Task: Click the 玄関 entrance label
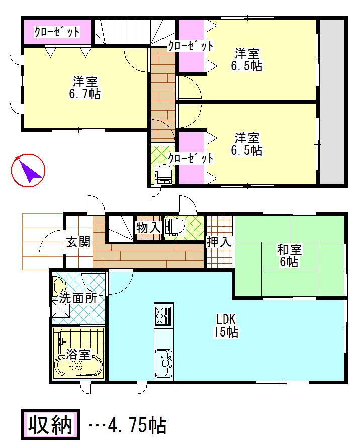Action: (78, 242)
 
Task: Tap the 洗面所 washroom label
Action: (77, 297)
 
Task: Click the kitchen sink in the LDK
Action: (164, 361)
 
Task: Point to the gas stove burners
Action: (164, 317)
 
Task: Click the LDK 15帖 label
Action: (226, 325)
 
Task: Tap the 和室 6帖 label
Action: (288, 255)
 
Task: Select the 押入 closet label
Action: (219, 242)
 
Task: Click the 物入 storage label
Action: (148, 228)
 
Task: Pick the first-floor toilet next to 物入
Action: (173, 227)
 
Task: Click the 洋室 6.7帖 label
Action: (84, 88)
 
